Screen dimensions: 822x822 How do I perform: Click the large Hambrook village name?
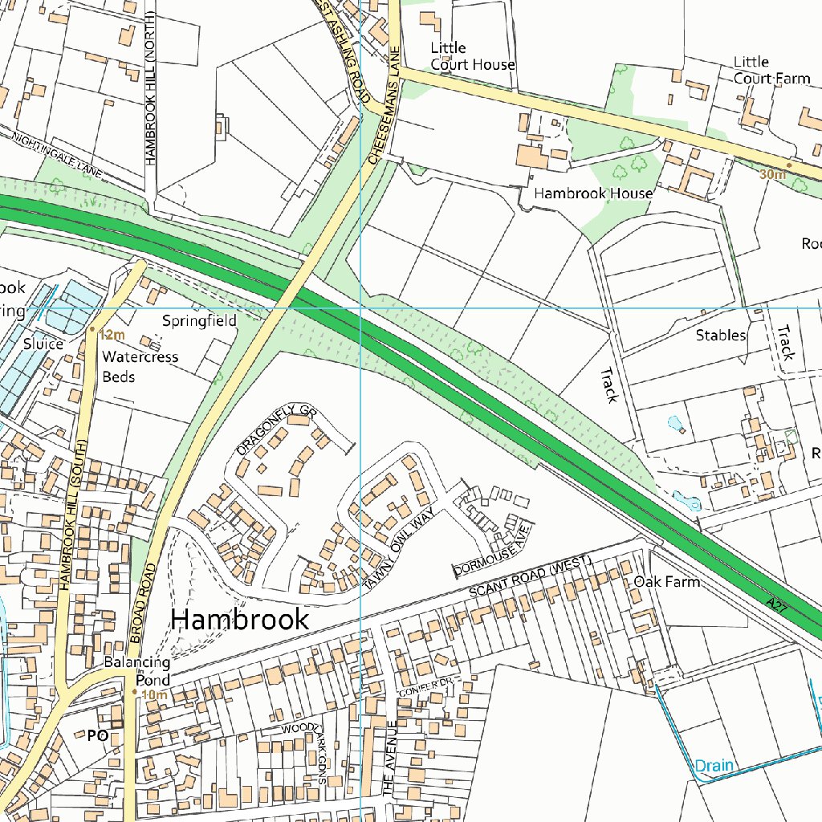[240, 619]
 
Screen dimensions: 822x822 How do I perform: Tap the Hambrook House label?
[592, 193]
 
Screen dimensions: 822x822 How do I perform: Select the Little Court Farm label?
[771, 71]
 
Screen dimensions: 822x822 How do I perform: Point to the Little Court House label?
[472, 56]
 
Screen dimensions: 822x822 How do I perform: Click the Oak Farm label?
[666, 581]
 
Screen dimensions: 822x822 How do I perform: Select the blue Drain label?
[714, 765]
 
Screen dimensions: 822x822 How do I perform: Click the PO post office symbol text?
[97, 735]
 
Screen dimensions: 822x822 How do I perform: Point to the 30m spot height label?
[772, 174]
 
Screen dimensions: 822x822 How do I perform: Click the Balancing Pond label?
[136, 671]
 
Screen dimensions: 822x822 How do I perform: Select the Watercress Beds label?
[140, 367]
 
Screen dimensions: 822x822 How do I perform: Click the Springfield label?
[199, 321]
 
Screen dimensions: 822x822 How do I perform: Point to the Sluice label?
[43, 344]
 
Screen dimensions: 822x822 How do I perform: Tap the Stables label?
[721, 335]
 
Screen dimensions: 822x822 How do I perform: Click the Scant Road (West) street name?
[530, 577]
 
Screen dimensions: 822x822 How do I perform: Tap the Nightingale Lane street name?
[59, 153]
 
